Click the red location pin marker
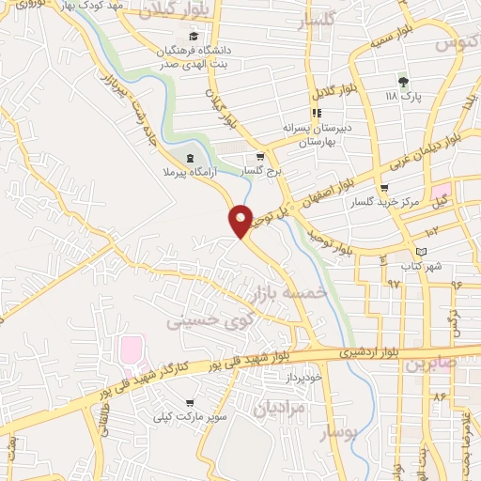(241, 219)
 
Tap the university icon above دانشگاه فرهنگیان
(194, 36)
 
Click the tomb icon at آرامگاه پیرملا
(190, 158)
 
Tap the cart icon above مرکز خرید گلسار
(384, 188)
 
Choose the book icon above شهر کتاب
(421, 252)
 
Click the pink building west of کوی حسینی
(129, 351)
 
